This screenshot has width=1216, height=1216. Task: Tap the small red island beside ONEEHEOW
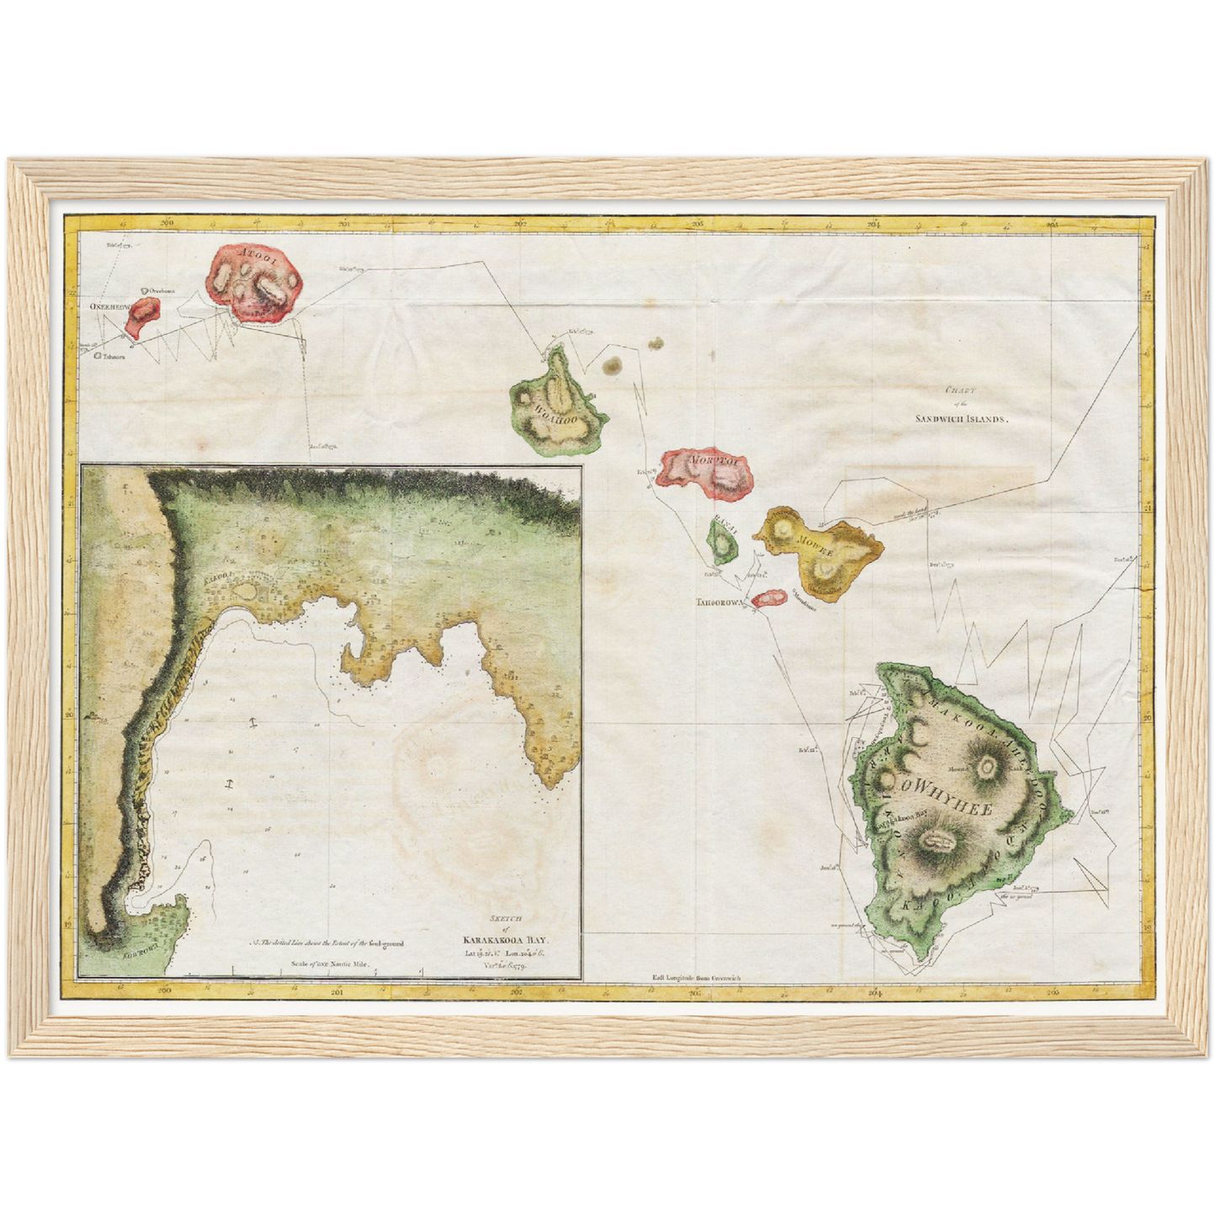click(x=145, y=315)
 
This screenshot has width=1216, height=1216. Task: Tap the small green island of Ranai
click(x=723, y=543)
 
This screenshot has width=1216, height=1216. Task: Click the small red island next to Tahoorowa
click(x=767, y=598)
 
